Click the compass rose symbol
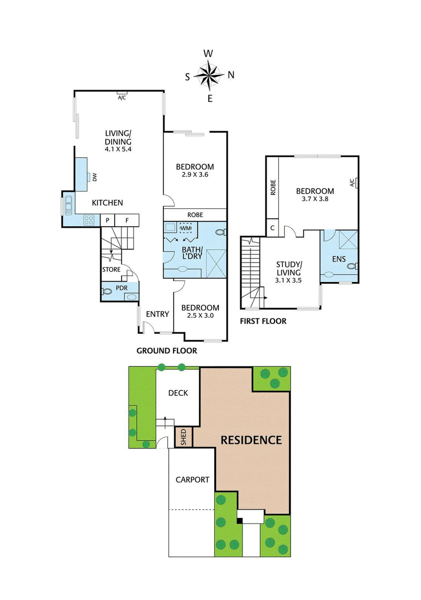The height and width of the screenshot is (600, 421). click(209, 74)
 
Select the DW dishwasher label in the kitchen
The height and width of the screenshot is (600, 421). click(95, 178)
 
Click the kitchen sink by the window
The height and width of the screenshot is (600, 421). click(68, 205)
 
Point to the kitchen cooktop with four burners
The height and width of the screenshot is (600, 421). click(89, 220)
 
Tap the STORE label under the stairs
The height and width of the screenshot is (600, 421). click(111, 270)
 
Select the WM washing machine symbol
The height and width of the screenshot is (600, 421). click(185, 228)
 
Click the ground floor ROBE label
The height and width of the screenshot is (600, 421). click(195, 215)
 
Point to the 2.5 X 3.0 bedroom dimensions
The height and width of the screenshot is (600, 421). click(200, 316)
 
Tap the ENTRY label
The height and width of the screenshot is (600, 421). click(157, 314)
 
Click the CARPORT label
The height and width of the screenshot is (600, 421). click(192, 480)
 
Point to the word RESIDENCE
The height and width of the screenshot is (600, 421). click(251, 440)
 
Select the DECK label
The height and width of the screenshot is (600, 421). click(178, 393)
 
